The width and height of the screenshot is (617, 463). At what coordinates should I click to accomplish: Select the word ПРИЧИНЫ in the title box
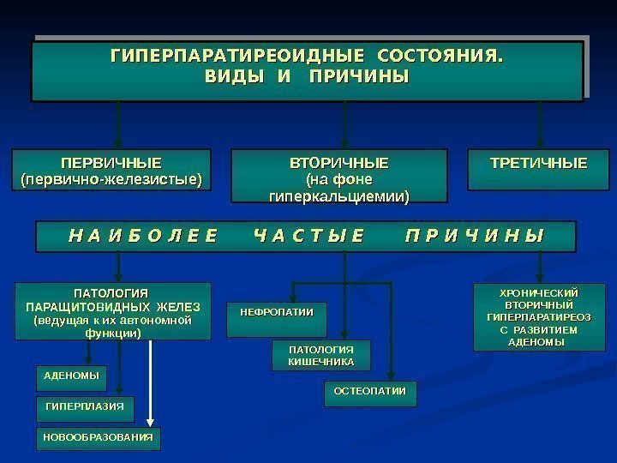(359, 78)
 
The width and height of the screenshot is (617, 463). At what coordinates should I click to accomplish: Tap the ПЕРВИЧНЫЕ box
(111, 171)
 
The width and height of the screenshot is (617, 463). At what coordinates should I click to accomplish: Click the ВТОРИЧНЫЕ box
(339, 176)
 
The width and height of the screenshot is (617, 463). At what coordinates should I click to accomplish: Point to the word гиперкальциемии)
(339, 197)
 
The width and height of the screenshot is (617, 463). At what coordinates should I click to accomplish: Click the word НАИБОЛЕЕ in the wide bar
(142, 236)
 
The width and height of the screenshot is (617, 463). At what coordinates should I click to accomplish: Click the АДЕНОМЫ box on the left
(71, 376)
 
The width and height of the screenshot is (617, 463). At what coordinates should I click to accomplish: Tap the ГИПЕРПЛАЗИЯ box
(85, 406)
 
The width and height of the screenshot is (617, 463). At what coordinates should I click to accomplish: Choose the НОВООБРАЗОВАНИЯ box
(99, 437)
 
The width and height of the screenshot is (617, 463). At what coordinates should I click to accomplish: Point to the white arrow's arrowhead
(150, 421)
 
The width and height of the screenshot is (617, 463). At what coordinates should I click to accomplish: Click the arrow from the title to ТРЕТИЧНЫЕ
(539, 124)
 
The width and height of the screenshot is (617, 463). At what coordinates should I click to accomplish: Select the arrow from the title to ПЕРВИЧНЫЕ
(118, 124)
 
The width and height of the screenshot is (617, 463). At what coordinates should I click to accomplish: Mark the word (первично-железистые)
(111, 180)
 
